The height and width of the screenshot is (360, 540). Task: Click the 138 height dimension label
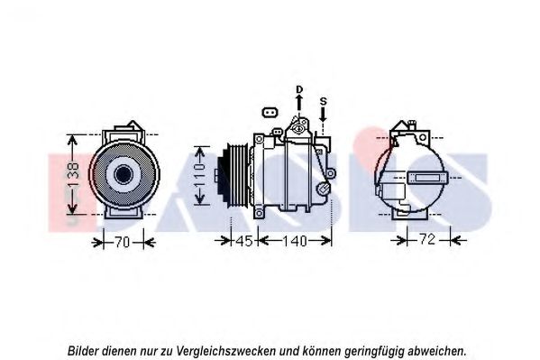click(73, 174)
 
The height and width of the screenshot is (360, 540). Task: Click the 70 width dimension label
click(122, 243)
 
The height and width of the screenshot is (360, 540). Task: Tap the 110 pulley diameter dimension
click(199, 175)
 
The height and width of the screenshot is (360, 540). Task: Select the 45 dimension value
click(244, 241)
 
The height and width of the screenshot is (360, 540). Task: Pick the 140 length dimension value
click(295, 241)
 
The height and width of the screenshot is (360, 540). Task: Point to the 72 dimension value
click(427, 239)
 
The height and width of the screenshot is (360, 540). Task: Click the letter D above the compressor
click(299, 89)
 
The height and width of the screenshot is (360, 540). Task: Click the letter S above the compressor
click(323, 101)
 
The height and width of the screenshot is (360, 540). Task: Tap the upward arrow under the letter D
click(299, 103)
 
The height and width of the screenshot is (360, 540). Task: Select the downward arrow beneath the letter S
click(323, 115)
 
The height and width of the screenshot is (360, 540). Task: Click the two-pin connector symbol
click(270, 113)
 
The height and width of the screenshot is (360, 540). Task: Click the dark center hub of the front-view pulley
click(124, 174)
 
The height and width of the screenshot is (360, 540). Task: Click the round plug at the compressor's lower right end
click(324, 189)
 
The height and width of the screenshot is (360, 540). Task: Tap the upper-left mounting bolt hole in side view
click(259, 139)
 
